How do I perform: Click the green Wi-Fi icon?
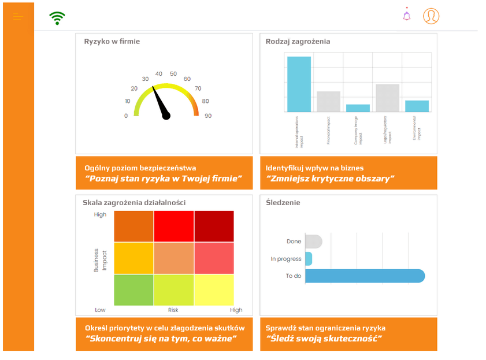(x=57, y=18)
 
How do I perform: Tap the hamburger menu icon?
(x=18, y=17)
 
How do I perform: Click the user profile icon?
(x=431, y=16)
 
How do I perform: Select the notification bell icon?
(x=407, y=16)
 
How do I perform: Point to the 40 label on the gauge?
(x=158, y=74)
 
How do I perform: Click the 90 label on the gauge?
(x=207, y=116)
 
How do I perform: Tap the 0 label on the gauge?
(x=126, y=116)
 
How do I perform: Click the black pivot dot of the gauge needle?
(x=166, y=116)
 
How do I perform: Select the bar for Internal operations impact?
(x=299, y=84)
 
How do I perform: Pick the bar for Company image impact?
(x=358, y=108)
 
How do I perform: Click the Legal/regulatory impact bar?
(x=387, y=98)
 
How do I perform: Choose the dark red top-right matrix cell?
(x=214, y=226)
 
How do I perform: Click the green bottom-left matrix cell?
(x=133, y=290)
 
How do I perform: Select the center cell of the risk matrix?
(x=174, y=258)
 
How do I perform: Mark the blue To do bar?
(x=365, y=276)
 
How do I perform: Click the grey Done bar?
(x=313, y=242)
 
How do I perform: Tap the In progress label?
(x=285, y=259)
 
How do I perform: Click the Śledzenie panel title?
(x=283, y=203)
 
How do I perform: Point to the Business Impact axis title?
(x=101, y=260)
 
